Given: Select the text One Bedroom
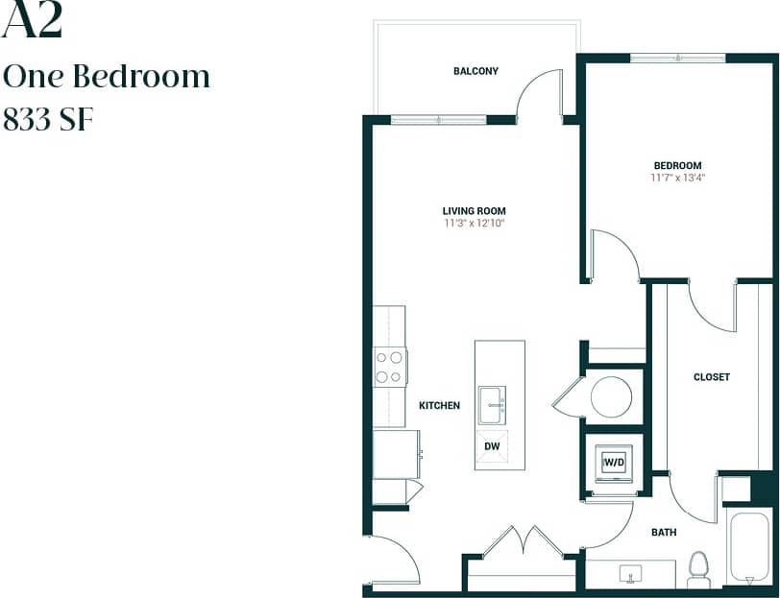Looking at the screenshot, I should tap(107, 77).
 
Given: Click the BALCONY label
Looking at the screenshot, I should tap(475, 71).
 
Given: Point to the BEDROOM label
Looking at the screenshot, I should tap(678, 165).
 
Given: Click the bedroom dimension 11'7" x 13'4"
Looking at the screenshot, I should tap(678, 178).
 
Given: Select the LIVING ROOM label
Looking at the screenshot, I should tap(474, 211).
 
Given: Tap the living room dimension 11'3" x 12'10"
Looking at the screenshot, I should tap(474, 223).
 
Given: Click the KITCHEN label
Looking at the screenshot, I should tap(439, 406).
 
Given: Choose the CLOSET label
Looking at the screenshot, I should tap(711, 377).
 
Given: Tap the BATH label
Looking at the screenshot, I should tap(664, 532).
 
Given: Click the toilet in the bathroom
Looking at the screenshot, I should tap(698, 570).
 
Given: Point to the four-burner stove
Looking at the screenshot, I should tap(389, 367).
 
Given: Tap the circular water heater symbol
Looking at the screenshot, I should tap(611, 396).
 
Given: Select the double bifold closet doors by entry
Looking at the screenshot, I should tap(523, 543).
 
